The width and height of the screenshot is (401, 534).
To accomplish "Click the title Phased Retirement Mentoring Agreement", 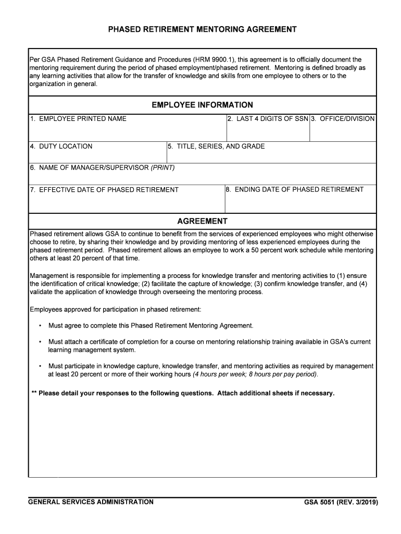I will (x=202, y=30).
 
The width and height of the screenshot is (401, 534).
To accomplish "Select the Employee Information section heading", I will (x=202, y=105).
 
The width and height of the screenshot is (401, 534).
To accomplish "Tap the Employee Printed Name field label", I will (x=78, y=119).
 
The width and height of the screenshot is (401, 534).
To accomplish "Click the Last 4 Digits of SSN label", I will (x=268, y=119).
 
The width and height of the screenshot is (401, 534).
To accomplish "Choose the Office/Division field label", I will (x=343, y=119).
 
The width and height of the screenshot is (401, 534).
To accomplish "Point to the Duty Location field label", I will (x=61, y=147).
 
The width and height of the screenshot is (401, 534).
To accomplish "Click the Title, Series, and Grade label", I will (x=216, y=147).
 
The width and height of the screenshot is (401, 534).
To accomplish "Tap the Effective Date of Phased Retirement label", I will (x=104, y=190).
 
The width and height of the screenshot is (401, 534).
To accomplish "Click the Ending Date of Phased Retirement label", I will (x=295, y=189).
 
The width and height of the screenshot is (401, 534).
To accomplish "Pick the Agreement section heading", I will (x=202, y=221).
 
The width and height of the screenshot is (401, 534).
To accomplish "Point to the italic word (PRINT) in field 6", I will (x=162, y=168).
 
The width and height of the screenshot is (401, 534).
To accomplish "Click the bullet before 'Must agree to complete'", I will (x=40, y=326).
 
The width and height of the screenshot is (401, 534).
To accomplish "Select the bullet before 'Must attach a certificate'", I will (x=40, y=342).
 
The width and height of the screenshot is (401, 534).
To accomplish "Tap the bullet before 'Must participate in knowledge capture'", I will (x=40, y=366).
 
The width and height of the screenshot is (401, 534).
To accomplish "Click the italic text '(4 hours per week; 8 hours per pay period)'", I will (x=255, y=374).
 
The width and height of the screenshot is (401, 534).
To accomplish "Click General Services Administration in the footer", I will (x=91, y=502).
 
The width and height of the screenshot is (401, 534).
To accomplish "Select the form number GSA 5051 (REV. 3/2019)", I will (x=341, y=503).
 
